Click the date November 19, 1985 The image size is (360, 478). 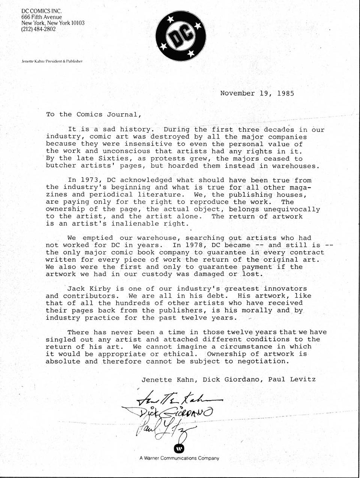(x=257, y=93)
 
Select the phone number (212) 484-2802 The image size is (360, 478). (x=39, y=29)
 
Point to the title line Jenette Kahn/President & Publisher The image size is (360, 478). (x=52, y=61)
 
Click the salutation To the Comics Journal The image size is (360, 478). (x=94, y=114)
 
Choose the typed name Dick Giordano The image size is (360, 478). (x=231, y=379)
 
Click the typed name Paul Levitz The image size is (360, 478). (x=292, y=379)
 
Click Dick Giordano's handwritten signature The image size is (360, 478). (x=176, y=413)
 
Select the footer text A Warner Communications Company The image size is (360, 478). (x=179, y=458)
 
